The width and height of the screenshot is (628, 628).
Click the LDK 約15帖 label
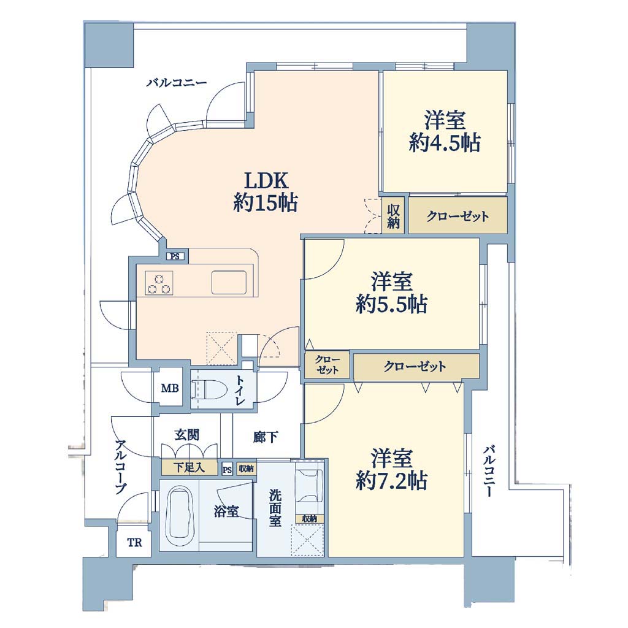click(x=266, y=191)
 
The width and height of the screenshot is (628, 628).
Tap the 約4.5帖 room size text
click(x=445, y=142)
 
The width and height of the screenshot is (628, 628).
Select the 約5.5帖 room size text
click(x=391, y=304)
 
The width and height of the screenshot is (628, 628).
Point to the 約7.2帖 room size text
click(x=391, y=481)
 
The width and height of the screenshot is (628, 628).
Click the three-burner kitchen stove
click(x=159, y=283)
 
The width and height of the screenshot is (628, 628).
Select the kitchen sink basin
click(x=229, y=282)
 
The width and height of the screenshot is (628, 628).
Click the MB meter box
click(x=170, y=388)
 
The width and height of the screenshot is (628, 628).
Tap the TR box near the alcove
click(x=134, y=543)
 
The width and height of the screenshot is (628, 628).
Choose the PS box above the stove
click(x=175, y=256)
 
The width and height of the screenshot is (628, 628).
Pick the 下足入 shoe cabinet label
click(x=190, y=467)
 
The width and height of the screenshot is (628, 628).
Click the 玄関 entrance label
click(x=186, y=435)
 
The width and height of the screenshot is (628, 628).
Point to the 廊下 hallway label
click(x=266, y=437)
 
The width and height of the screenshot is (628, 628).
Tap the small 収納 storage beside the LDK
click(x=393, y=216)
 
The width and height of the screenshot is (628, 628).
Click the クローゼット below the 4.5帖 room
click(x=458, y=216)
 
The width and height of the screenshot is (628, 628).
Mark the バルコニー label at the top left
click(x=177, y=83)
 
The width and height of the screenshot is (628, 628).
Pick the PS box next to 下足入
click(x=227, y=469)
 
